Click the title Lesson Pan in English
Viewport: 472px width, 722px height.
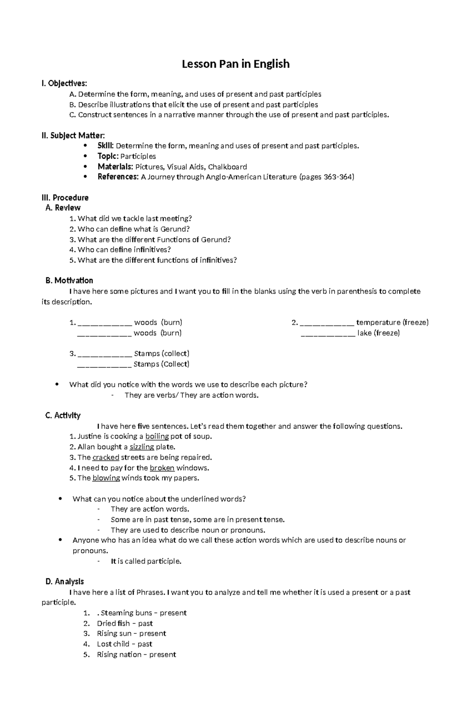(x=236, y=64)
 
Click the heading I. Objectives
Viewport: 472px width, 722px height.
(x=65, y=83)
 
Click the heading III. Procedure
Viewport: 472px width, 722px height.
(x=65, y=198)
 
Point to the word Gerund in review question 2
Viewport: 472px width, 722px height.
(x=175, y=229)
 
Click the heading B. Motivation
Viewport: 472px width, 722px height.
(x=69, y=281)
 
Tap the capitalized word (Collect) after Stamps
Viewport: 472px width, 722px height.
(x=175, y=364)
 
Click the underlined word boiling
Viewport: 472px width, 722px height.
(x=157, y=436)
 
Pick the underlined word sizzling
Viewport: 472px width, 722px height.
(x=142, y=447)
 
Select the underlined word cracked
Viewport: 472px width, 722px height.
(x=106, y=458)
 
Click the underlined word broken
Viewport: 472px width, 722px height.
(x=162, y=468)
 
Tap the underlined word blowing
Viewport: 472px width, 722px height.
(x=106, y=478)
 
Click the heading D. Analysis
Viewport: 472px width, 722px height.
(x=65, y=582)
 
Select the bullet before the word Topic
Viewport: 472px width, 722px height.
(x=86, y=156)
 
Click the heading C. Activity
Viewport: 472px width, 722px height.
(x=63, y=415)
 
